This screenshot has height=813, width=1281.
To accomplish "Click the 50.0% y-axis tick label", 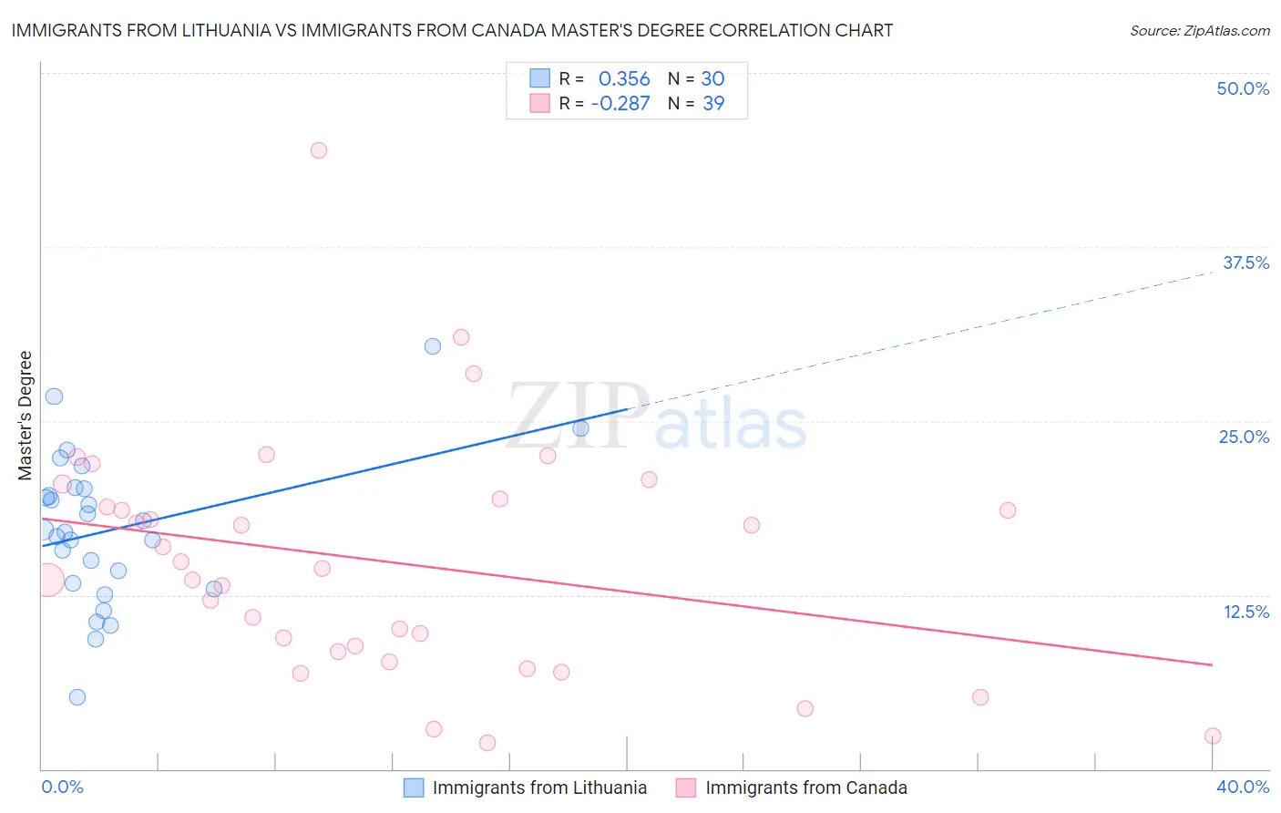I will coord(1243,88).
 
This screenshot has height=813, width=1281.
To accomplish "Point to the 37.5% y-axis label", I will coord(1245,262).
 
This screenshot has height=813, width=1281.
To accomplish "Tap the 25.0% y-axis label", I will coord(1244,437).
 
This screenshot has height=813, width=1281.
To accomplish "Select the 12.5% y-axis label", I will coord(1245,612).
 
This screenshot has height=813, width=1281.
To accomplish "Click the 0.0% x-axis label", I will coord(62,787).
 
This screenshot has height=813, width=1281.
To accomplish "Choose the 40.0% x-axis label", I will coord(1243,787).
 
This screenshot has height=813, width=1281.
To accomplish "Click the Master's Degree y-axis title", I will coord(26,416).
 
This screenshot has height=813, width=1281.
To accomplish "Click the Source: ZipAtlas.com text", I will coord(1199,30).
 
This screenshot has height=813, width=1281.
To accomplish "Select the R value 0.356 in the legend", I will coord(624,78).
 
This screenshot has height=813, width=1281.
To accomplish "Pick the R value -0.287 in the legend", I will coord(620,103).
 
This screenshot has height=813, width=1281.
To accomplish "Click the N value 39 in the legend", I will coord(713,103).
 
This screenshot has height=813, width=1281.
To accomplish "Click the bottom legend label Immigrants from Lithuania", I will coord(539,787).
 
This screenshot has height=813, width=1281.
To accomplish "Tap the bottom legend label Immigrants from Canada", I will coord(806,787).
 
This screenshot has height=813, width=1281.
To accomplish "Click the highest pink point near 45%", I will coord(318,150).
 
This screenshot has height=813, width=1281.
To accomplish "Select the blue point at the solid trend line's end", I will coord(580,428).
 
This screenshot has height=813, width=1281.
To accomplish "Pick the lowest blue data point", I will coord(77,697).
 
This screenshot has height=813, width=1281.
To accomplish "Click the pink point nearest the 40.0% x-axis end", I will coord(1213,736).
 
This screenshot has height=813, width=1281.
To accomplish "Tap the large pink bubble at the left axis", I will coord(48,580).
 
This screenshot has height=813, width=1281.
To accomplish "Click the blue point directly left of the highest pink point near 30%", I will coord(433,346).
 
